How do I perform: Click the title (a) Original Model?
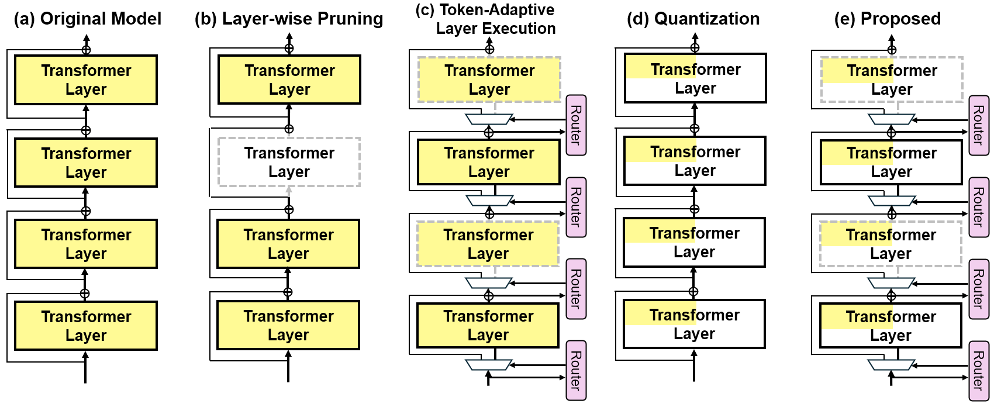[87, 19]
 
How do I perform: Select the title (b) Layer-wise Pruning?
[289, 19]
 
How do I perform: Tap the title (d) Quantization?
[693, 19]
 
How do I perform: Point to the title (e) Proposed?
[887, 19]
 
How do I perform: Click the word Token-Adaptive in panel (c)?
[497, 9]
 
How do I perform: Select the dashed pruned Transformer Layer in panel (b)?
[289, 163]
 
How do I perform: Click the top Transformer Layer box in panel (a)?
[86, 80]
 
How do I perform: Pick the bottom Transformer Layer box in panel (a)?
[86, 326]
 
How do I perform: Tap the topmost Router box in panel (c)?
[576, 125]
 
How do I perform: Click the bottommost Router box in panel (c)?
[576, 370]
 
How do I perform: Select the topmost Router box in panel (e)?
[978, 126]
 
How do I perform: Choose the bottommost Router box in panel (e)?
[978, 371]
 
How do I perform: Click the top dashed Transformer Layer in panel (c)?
[489, 80]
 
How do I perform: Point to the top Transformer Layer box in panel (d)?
[695, 78]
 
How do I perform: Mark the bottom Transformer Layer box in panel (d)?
[694, 324]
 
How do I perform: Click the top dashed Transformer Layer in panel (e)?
[892, 80]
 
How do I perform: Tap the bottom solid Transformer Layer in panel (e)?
[891, 326]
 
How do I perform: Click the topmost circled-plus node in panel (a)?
[86, 49]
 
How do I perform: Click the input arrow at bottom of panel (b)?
[288, 368]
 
